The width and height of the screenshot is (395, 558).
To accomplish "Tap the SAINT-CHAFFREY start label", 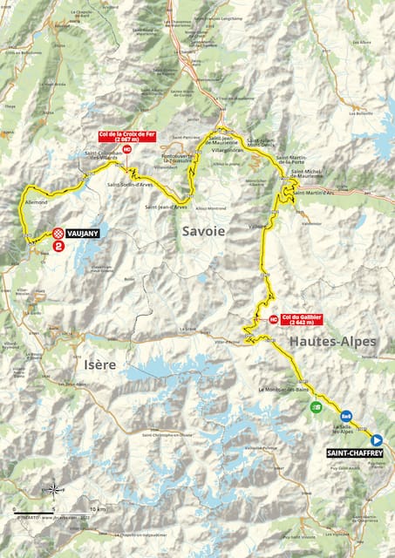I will [x=353, y=453].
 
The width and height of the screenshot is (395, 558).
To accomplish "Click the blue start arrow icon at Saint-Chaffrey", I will [x=376, y=440].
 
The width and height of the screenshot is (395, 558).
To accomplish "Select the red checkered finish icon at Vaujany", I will [x=58, y=233].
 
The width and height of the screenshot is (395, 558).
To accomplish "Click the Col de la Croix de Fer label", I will [x=126, y=136].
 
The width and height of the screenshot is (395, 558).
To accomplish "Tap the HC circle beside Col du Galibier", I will [x=274, y=319].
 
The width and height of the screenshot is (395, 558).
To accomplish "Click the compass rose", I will [x=54, y=488].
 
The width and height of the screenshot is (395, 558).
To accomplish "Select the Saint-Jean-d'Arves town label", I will [x=165, y=207].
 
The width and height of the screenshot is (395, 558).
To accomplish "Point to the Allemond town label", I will [x=36, y=201].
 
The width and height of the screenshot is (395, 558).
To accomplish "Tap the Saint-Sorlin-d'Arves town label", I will [x=126, y=184].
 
